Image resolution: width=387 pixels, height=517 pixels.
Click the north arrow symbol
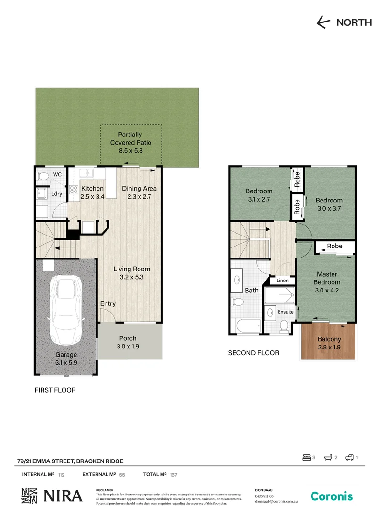(324, 22)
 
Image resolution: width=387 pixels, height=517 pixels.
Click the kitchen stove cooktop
(74, 189)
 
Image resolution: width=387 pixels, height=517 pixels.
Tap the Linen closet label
(282, 281)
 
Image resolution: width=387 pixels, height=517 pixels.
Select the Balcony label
(329, 339)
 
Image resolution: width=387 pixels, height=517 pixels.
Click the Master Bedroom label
(327, 278)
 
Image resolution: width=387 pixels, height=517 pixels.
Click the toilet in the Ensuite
(284, 326)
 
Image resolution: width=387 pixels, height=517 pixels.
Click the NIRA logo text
(63, 496)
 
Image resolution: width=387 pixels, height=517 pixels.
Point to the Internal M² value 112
(61, 475)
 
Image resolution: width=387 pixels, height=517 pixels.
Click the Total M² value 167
(174, 475)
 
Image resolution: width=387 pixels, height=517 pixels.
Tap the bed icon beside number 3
(306, 458)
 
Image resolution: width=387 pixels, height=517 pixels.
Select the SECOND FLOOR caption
(253, 353)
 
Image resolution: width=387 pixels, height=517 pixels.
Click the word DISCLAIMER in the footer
(105, 490)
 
